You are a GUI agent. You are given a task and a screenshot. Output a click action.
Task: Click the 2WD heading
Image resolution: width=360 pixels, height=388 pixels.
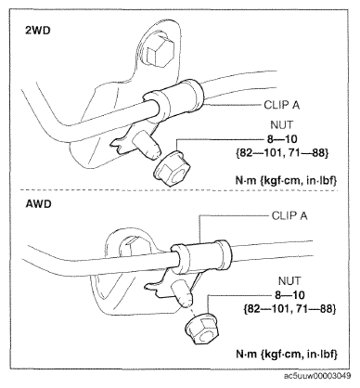[37, 32]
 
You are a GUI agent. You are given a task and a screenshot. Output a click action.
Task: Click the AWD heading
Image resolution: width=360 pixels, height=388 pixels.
[38, 204]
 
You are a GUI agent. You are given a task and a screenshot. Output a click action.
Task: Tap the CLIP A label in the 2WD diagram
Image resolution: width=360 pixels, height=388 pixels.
[282, 105]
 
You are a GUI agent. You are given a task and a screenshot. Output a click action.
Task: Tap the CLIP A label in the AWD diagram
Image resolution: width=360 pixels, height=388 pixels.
[289, 215]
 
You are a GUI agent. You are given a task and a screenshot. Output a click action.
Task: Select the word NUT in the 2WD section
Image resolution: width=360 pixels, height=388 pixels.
[281, 125]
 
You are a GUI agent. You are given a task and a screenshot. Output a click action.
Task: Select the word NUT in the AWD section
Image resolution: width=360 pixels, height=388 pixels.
[289, 281]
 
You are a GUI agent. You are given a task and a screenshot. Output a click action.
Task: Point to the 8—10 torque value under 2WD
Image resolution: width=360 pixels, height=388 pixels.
[282, 139]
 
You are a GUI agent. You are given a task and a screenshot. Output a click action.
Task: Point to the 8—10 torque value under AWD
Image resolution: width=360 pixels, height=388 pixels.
[289, 295]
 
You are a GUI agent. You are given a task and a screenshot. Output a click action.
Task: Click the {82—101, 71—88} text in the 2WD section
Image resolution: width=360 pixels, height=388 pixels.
[282, 153]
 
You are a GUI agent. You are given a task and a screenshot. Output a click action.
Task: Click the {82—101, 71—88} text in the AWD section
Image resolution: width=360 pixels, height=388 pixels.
[289, 309]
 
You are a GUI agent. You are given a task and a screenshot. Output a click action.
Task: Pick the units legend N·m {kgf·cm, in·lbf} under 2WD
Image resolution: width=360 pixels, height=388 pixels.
[286, 180]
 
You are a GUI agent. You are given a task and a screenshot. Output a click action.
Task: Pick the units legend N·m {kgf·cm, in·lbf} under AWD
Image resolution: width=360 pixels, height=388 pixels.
[287, 354]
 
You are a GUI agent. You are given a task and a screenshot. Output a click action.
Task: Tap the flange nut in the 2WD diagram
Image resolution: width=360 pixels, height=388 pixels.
[172, 169]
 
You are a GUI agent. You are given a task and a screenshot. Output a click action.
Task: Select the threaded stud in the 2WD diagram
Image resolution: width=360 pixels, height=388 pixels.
[147, 146]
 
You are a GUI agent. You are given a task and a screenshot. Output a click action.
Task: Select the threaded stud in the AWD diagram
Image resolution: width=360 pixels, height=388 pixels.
[183, 293]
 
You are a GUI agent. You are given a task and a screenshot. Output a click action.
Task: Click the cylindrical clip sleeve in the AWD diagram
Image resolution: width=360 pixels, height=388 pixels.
[201, 257]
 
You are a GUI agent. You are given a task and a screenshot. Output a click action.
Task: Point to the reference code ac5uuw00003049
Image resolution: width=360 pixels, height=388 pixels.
[317, 376]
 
